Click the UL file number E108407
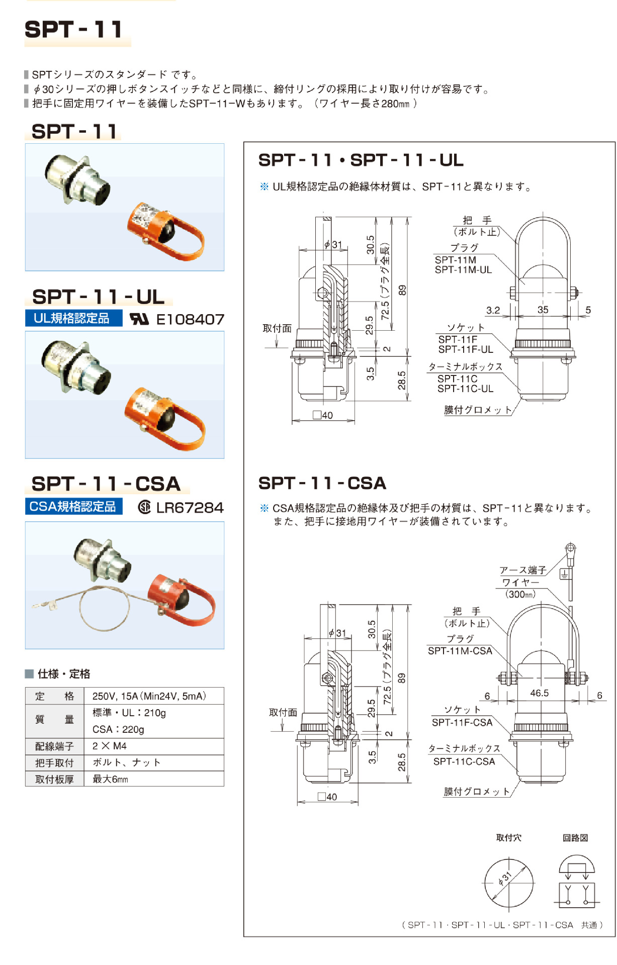pyautogui.click(x=190, y=320)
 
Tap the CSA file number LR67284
pyautogui.click(x=190, y=508)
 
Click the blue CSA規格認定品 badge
pyautogui.click(x=73, y=506)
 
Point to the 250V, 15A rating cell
pyautogui.click(x=149, y=696)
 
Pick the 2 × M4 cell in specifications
pyautogui.click(x=110, y=746)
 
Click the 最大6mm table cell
pyautogui.click(x=110, y=779)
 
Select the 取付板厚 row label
pyautogui.click(x=54, y=779)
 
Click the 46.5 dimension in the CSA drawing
pyautogui.click(x=540, y=693)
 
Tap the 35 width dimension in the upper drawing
pyautogui.click(x=543, y=310)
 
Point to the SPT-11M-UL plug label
pyautogui.click(x=463, y=270)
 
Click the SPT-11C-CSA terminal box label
pyautogui.click(x=464, y=761)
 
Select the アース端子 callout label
pyautogui.click(x=522, y=570)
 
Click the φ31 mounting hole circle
pyautogui.click(x=508, y=883)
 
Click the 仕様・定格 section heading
pyautogui.click(x=63, y=674)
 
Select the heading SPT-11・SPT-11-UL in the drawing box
pyautogui.click(x=361, y=160)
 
